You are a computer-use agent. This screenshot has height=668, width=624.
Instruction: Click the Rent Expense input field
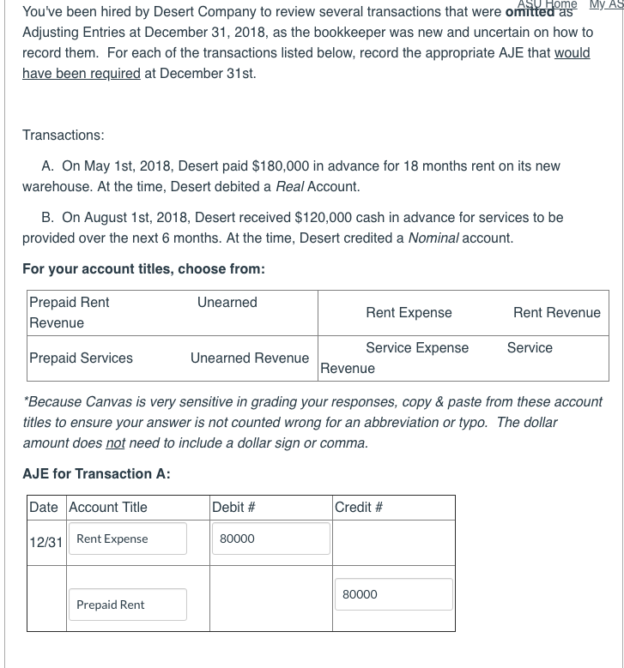coord(130,539)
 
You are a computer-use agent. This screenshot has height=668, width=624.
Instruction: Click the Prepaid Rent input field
coord(130,605)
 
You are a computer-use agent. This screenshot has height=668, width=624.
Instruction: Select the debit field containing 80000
coord(270,539)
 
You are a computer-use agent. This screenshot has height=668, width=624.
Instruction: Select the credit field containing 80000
coord(393,594)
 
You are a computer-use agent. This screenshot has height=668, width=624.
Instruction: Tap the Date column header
coord(44,507)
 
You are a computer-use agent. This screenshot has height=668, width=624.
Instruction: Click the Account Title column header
coord(108,507)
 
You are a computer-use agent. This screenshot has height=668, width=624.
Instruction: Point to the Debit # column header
coord(233,507)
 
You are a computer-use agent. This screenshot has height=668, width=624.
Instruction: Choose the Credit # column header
coord(359,507)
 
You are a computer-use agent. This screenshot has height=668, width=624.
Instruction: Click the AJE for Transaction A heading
coord(96,473)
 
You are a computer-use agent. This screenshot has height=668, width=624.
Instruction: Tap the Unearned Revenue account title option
coord(250,358)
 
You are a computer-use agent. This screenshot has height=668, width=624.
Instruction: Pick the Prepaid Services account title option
coord(82,358)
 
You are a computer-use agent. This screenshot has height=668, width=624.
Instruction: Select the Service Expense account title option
coord(417,347)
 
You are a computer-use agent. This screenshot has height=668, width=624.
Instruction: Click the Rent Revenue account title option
coord(557,312)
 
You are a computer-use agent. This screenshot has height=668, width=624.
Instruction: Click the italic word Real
coord(289,186)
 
